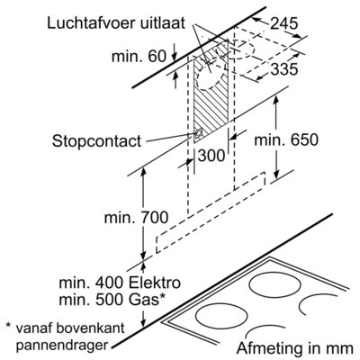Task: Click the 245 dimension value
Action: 284,23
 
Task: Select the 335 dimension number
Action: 284,69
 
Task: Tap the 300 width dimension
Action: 211,156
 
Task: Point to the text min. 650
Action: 286,139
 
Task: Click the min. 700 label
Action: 136,217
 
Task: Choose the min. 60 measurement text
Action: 139,56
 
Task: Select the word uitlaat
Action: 163,23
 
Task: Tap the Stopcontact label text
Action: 96,140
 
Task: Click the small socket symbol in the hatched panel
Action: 198,133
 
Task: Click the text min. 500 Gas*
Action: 112,299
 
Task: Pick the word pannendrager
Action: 61,345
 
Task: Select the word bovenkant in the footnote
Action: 90,328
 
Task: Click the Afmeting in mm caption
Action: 295,348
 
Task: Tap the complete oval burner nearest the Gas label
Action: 221,316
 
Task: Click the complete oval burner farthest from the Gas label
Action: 275,285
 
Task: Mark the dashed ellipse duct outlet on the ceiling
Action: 242,49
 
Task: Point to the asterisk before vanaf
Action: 9,325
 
